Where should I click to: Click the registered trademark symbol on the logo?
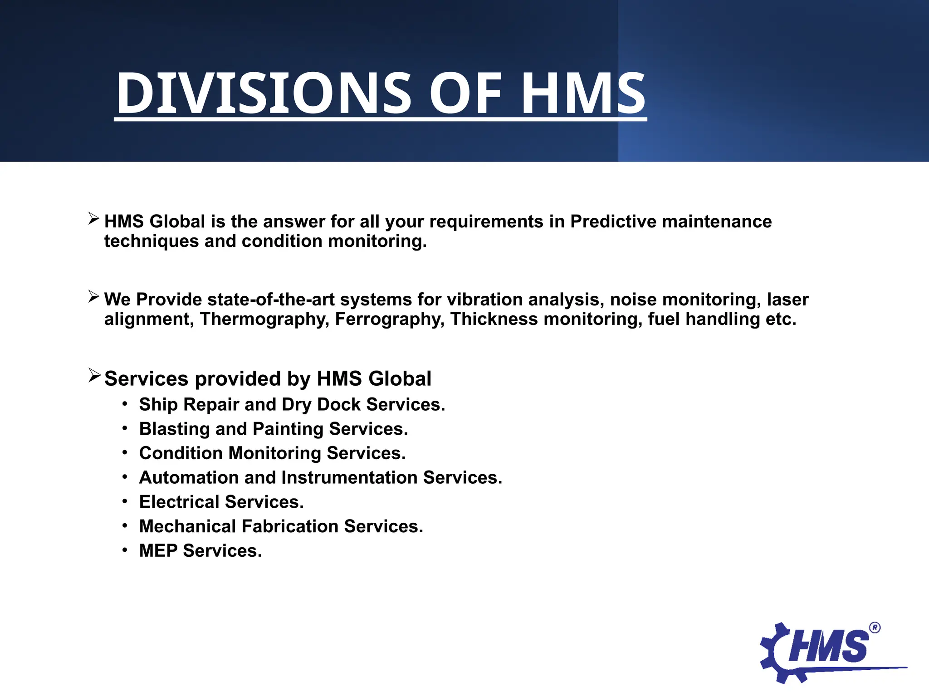tap(875, 628)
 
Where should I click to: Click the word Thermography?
tap(264, 319)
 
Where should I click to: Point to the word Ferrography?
tap(390, 319)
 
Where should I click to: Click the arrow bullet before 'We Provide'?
tap(94, 297)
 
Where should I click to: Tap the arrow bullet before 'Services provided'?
tap(94, 375)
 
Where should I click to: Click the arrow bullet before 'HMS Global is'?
tap(94, 219)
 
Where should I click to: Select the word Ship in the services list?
tap(158, 405)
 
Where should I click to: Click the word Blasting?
tap(174, 429)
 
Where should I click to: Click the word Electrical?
tap(179, 502)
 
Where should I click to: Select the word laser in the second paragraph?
tap(787, 299)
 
